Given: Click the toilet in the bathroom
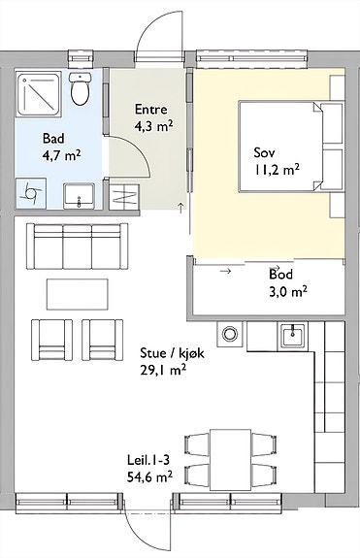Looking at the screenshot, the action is (80, 88).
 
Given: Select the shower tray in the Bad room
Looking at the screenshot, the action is (39, 92).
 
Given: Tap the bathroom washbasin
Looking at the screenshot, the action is (79, 196).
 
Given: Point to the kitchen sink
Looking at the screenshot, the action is (292, 335).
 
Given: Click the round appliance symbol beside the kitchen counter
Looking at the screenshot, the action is (230, 334).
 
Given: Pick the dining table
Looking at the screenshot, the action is (231, 459).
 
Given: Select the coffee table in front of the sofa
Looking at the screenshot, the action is (78, 294).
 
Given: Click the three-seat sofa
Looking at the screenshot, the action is (78, 246).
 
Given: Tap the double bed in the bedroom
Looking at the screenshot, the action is (291, 147).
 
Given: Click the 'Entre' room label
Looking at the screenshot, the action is (150, 110).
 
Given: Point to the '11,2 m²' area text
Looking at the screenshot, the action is (277, 170).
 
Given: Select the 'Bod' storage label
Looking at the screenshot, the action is (281, 275).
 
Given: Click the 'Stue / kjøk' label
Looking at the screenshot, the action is (172, 353).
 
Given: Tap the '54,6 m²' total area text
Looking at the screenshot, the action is (149, 476).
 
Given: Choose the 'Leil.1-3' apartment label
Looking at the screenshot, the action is (148, 460).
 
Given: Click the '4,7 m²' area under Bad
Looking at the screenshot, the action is (62, 155).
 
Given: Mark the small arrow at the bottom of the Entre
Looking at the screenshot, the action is (180, 208).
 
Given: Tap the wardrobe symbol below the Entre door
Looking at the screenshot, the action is (123, 197).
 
